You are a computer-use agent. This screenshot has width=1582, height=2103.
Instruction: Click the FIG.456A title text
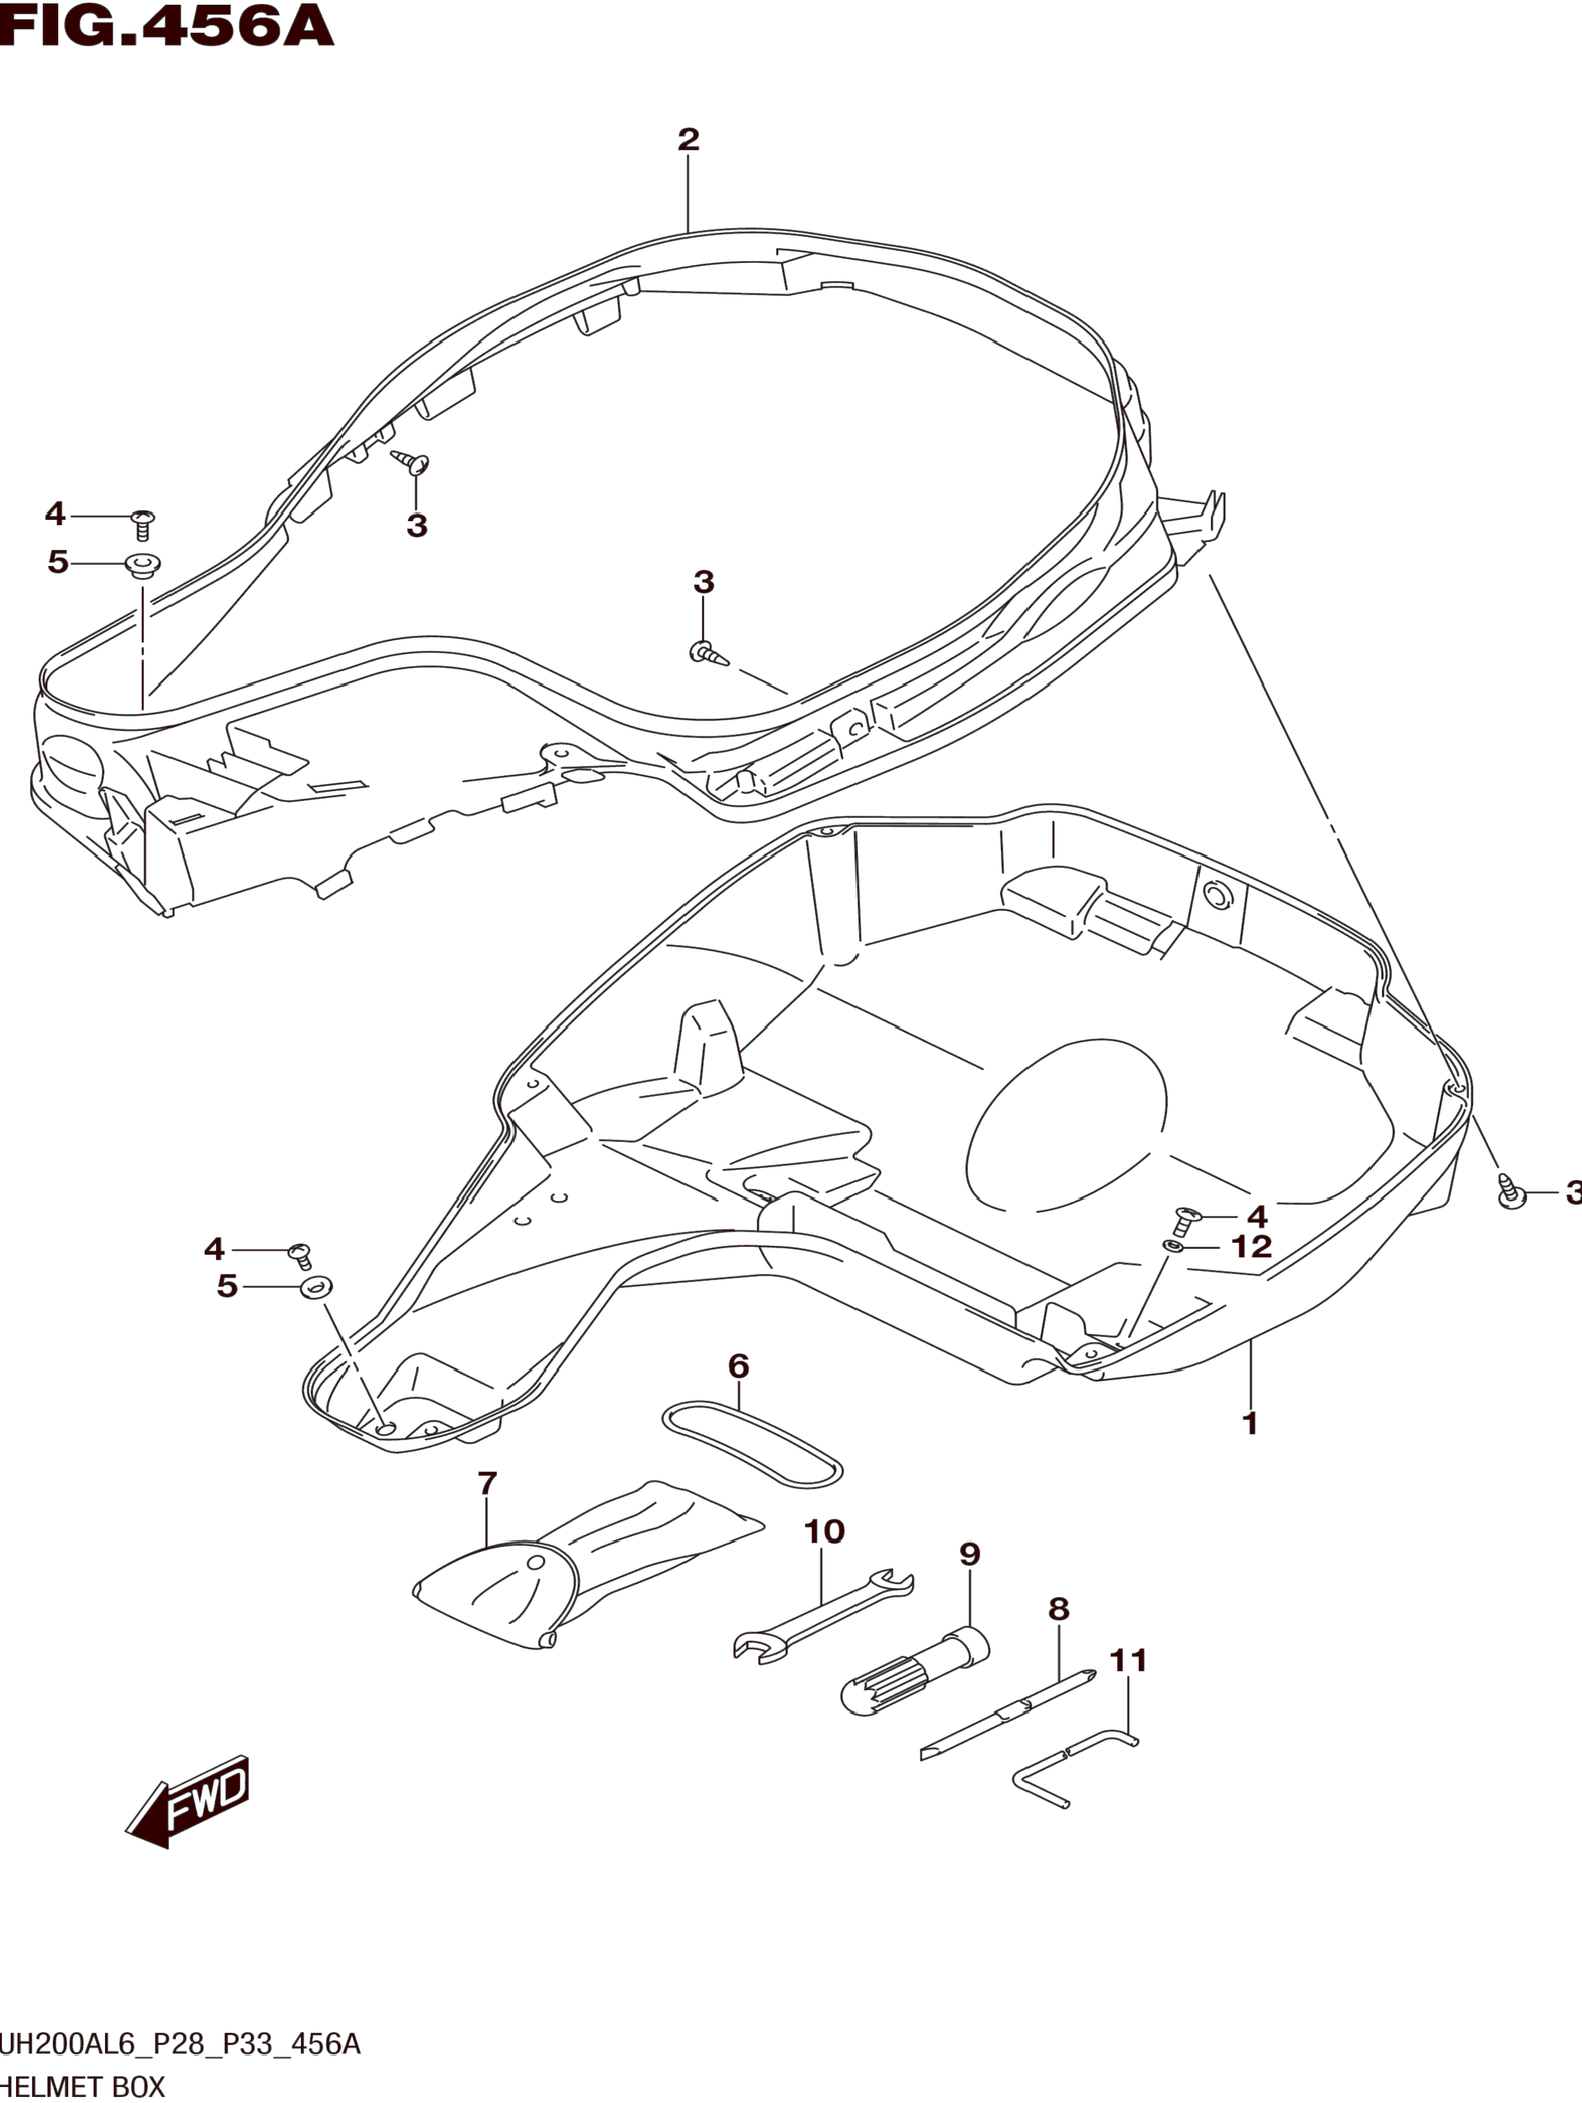pos(167,26)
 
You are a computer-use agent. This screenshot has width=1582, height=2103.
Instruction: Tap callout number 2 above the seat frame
pos(688,139)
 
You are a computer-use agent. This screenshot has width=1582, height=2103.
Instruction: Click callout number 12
pos(1251,1246)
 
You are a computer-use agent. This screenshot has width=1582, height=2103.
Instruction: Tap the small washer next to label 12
pos(1175,1246)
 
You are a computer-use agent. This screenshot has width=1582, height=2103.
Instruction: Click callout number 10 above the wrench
pos(824,1532)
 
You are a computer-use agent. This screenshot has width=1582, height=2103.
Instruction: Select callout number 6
pos(739,1367)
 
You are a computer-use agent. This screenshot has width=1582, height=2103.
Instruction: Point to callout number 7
pos(487,1483)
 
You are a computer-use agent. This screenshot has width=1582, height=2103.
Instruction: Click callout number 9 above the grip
pos(969,1555)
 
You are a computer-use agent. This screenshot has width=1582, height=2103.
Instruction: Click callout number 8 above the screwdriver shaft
pos(1058,1610)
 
